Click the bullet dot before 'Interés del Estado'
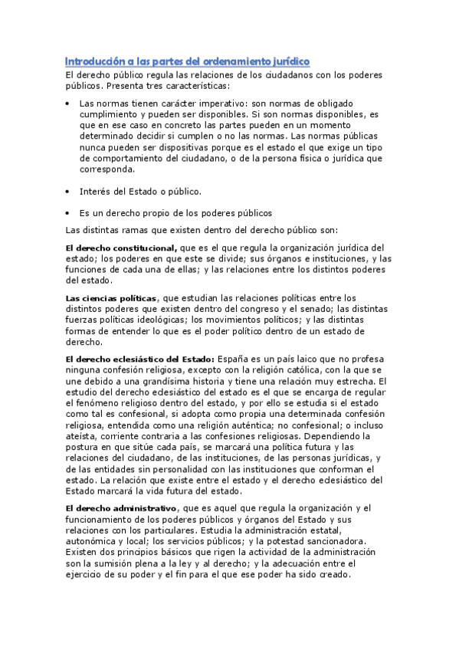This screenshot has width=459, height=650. pos(69,191)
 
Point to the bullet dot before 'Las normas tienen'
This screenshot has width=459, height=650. pos(69,102)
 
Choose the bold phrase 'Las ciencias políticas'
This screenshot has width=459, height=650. pos(112,297)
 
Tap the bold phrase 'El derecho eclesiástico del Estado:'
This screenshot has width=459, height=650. pos(140,359)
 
